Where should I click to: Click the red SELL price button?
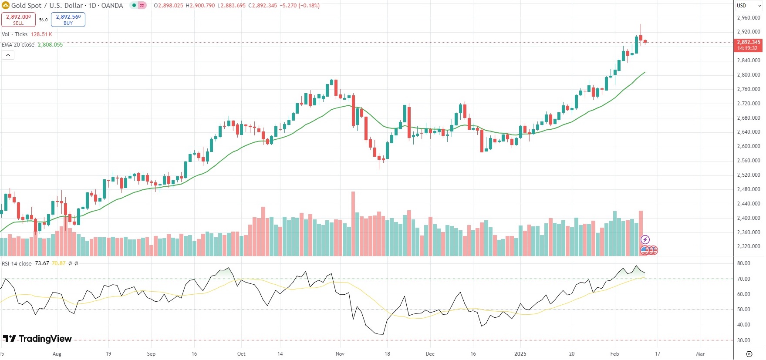pos(18,20)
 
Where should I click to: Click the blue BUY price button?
pos(68,20)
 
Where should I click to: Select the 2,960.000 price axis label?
pos(749,18)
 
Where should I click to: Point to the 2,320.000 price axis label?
pos(749,246)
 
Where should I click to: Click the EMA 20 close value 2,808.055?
pos(50,45)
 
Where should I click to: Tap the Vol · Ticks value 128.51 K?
pos(41,34)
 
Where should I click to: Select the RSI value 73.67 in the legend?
pos(42,263)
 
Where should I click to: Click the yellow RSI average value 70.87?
pos(58,263)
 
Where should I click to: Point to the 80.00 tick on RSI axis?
pos(743,263)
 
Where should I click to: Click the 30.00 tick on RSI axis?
pos(743,340)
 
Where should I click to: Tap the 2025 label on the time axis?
pos(520,354)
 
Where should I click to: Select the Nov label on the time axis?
pos(340,354)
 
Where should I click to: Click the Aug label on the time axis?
pos(57,354)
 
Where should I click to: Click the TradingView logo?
pos(37,339)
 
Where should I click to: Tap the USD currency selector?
pos(741,6)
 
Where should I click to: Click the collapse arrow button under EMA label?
pos(8,55)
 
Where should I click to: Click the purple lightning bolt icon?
pos(645,239)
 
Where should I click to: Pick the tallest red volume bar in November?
pos(353,223)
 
